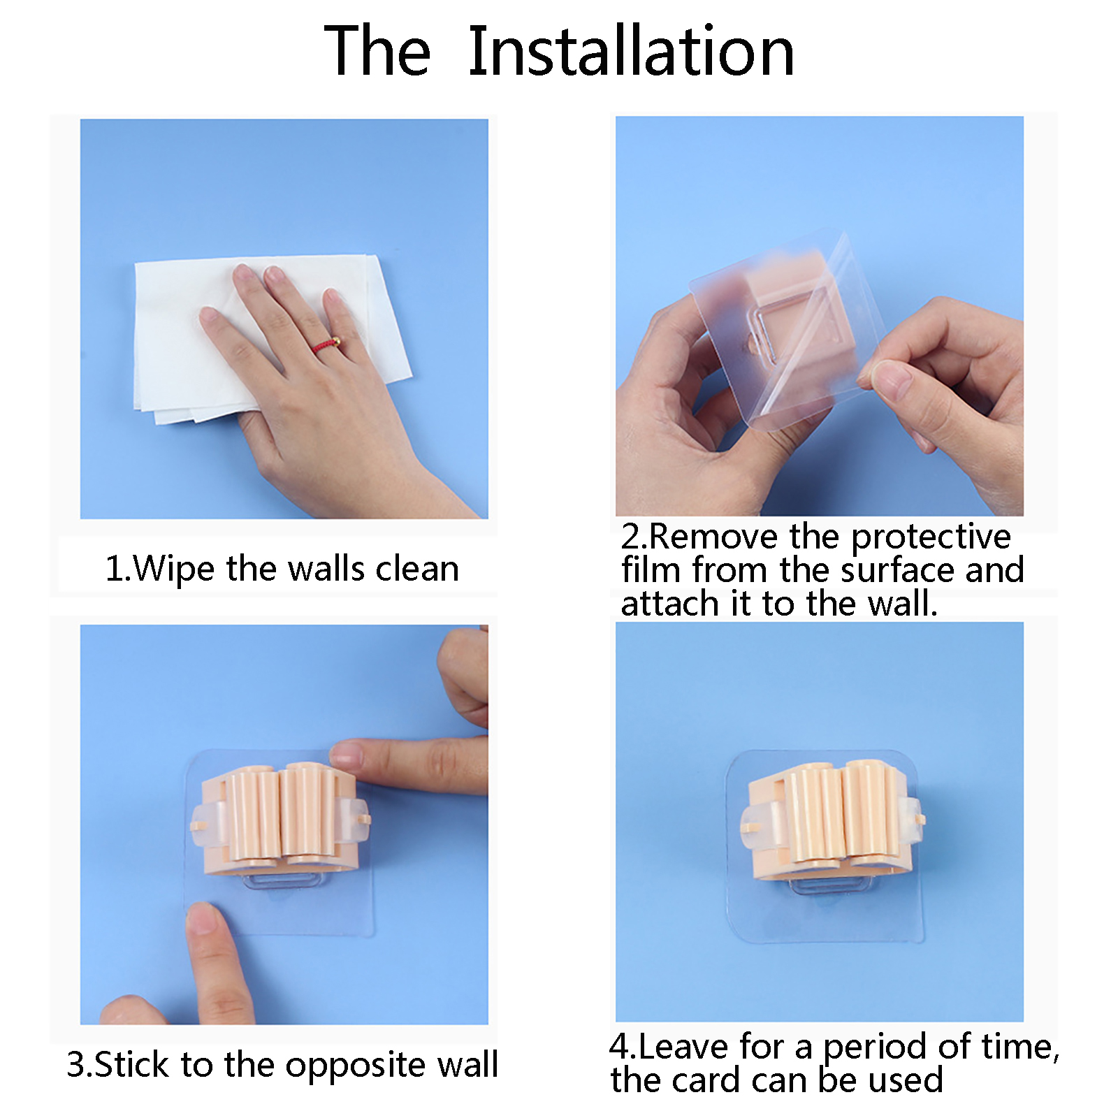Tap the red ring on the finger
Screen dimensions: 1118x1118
coord(327,344)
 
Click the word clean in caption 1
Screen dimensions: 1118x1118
coord(417,569)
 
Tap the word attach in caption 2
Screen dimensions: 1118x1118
coord(669,603)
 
